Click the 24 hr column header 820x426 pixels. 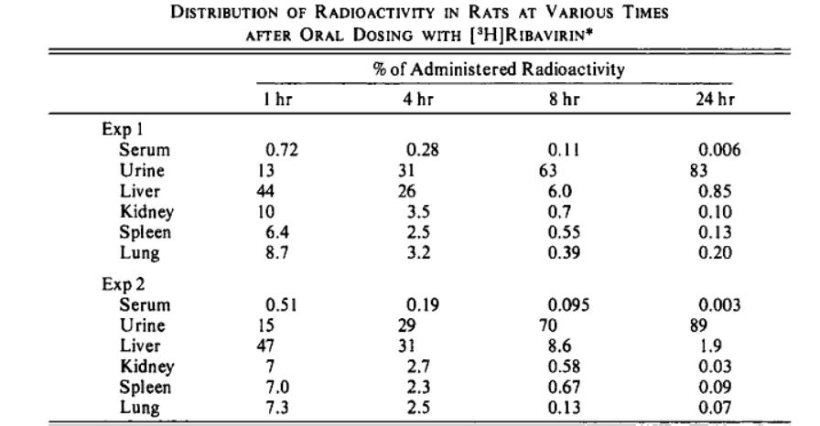click(715, 99)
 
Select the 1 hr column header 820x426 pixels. click(277, 99)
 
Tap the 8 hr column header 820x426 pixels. click(565, 99)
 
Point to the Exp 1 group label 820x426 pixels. click(123, 129)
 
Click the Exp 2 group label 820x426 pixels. click(124, 284)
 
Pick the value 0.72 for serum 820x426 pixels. click(282, 150)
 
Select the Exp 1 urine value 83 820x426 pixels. click(698, 170)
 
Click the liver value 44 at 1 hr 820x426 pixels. click(265, 191)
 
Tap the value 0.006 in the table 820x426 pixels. click(719, 150)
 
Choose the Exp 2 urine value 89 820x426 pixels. click(698, 325)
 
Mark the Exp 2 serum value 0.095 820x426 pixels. click(568, 305)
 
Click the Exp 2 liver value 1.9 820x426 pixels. click(709, 346)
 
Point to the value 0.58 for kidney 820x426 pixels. click(564, 366)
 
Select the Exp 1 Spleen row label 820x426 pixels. click(145, 232)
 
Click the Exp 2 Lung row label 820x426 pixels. click(140, 407)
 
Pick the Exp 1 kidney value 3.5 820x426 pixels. click(418, 211)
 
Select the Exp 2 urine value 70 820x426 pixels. click(548, 325)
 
